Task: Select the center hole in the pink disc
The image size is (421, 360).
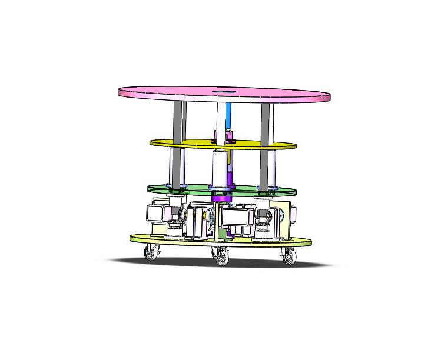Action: pyautogui.click(x=223, y=91)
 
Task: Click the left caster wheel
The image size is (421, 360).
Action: pyautogui.click(x=151, y=254)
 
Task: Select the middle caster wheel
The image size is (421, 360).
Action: pyautogui.click(x=221, y=257)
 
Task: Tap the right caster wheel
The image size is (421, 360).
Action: pyautogui.click(x=288, y=256)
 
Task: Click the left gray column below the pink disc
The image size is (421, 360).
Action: pyautogui.click(x=179, y=121)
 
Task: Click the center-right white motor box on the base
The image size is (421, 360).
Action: pyautogui.click(x=238, y=217)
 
